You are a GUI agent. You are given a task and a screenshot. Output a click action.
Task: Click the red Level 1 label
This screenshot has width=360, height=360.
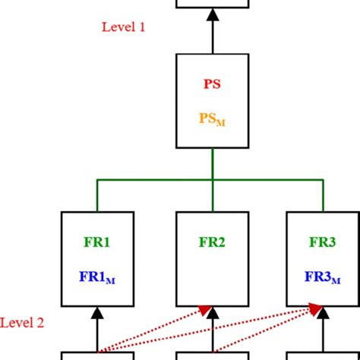123,27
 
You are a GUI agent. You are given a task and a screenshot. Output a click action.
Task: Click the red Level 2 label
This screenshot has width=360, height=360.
22,323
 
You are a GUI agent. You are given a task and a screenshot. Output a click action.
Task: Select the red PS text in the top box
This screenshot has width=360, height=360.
213,84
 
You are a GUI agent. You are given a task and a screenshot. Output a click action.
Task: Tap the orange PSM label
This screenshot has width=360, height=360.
213,118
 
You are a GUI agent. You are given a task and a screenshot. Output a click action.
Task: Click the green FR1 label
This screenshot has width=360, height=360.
97,243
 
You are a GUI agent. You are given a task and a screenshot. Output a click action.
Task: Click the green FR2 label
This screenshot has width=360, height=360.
213,243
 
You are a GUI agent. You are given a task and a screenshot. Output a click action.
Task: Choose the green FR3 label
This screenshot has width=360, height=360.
321,243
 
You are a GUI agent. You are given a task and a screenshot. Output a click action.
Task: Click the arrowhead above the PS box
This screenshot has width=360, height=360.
213,13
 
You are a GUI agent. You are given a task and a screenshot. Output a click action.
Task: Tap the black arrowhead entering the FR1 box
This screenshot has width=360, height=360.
97,312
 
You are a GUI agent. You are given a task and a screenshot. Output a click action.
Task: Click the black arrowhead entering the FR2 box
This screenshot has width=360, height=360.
213,312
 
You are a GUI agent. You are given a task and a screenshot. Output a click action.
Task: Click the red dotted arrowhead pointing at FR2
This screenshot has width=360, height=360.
204,309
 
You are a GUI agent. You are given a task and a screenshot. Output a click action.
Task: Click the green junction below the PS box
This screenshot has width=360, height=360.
213,180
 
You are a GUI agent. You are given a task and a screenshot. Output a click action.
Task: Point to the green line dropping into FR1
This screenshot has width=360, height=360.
97,196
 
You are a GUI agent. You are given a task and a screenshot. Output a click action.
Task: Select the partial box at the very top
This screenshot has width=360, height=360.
213,3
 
